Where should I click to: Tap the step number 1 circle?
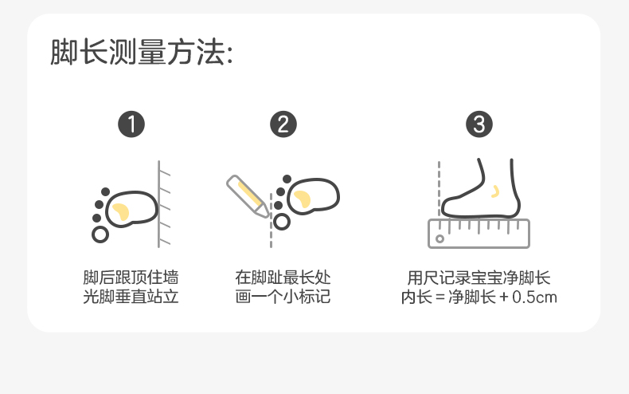[x=131, y=124]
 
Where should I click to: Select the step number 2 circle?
[x=283, y=124]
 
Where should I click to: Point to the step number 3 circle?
[x=479, y=124]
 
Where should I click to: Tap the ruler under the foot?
[x=479, y=233]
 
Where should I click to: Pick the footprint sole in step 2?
[x=313, y=196]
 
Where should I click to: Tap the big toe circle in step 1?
[x=100, y=234]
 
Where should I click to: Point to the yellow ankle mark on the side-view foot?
[x=495, y=191]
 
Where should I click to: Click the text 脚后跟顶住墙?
[x=131, y=278]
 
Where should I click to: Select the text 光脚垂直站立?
[x=131, y=298]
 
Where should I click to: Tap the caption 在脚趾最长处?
[x=283, y=278]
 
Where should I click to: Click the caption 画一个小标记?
[x=283, y=298]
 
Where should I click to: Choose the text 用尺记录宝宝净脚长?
[x=479, y=278]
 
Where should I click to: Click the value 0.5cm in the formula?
[x=534, y=298]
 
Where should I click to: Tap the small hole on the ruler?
[x=439, y=238]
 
